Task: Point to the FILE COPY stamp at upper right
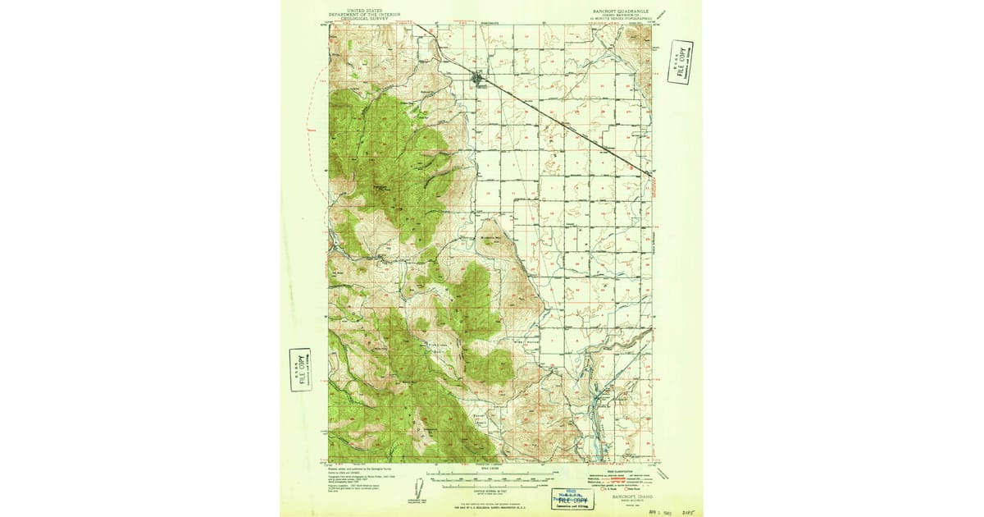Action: pos(680,62)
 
